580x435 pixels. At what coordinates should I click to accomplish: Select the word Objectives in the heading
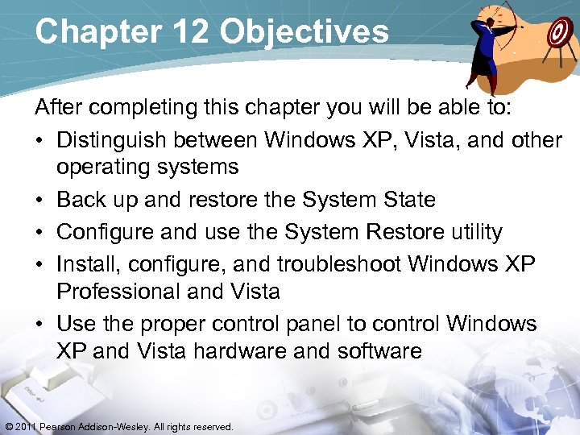(x=304, y=31)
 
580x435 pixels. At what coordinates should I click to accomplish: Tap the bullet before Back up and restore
(x=39, y=201)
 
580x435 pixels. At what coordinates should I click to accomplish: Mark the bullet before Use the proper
(x=39, y=325)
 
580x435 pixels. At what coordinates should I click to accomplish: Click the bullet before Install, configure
(x=39, y=265)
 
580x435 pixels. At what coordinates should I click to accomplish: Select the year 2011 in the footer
(x=25, y=426)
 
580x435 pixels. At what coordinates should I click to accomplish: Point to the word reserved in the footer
(x=212, y=426)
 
